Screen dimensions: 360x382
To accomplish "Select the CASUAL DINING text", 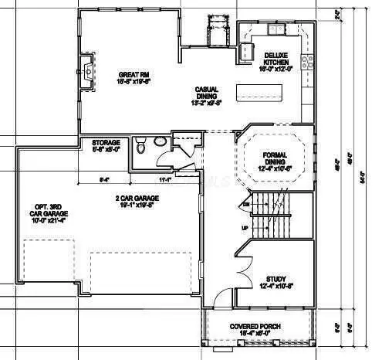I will [x=208, y=91].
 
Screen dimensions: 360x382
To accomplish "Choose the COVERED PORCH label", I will [x=258, y=327].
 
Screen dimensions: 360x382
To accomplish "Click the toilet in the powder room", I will [x=140, y=146].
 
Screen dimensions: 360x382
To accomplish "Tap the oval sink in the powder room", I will [x=159, y=141].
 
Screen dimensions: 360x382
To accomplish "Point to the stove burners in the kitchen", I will [x=308, y=61].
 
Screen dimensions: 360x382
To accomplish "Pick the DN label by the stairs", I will [x=247, y=205].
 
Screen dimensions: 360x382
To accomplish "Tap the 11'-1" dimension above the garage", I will [x=164, y=179].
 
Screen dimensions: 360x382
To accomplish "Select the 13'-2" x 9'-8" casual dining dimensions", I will [x=208, y=101].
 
